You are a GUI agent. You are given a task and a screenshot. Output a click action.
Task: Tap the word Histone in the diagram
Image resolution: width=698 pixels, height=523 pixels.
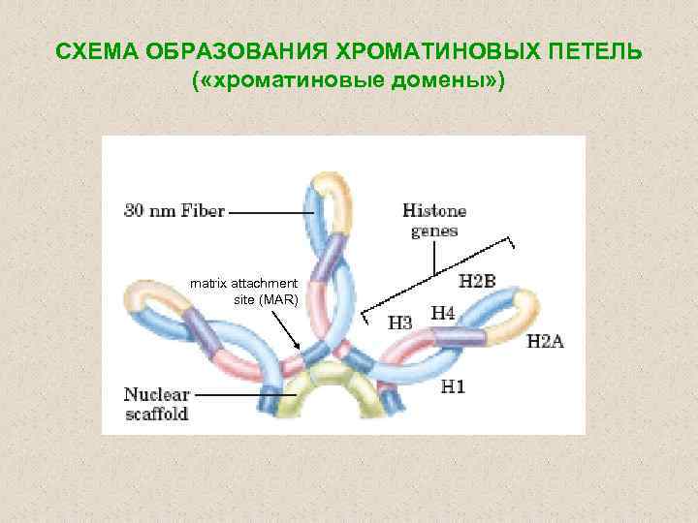434,210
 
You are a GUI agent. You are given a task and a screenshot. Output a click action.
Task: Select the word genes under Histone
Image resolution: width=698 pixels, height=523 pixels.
434,231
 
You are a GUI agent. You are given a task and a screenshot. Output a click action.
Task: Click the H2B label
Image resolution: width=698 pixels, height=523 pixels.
477,281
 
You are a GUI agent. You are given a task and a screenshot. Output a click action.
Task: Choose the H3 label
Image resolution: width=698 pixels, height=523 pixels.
400,323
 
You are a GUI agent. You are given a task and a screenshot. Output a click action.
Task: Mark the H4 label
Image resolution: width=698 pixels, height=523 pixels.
443,313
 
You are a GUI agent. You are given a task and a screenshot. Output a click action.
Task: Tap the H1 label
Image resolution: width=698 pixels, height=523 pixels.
453,387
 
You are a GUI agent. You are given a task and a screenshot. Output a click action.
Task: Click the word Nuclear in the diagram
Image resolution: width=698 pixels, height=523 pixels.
157,395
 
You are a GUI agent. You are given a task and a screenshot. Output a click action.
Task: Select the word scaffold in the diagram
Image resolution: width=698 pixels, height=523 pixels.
156,414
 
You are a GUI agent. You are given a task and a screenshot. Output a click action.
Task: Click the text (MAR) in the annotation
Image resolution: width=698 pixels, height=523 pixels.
278,299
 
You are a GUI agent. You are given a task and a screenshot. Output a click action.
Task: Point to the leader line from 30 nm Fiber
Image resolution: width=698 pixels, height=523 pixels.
269,210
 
